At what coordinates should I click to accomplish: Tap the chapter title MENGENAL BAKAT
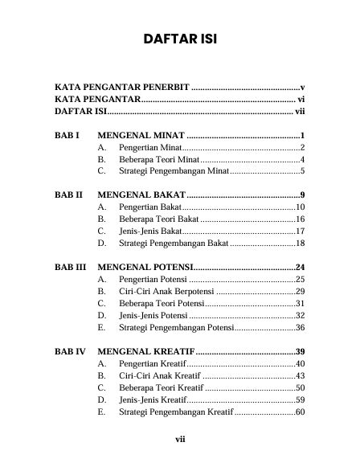[x=141, y=195]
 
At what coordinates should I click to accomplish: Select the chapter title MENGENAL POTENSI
[x=145, y=267]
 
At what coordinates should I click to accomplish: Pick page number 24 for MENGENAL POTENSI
[x=301, y=267]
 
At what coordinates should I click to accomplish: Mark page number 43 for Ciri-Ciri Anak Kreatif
[x=301, y=375]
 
